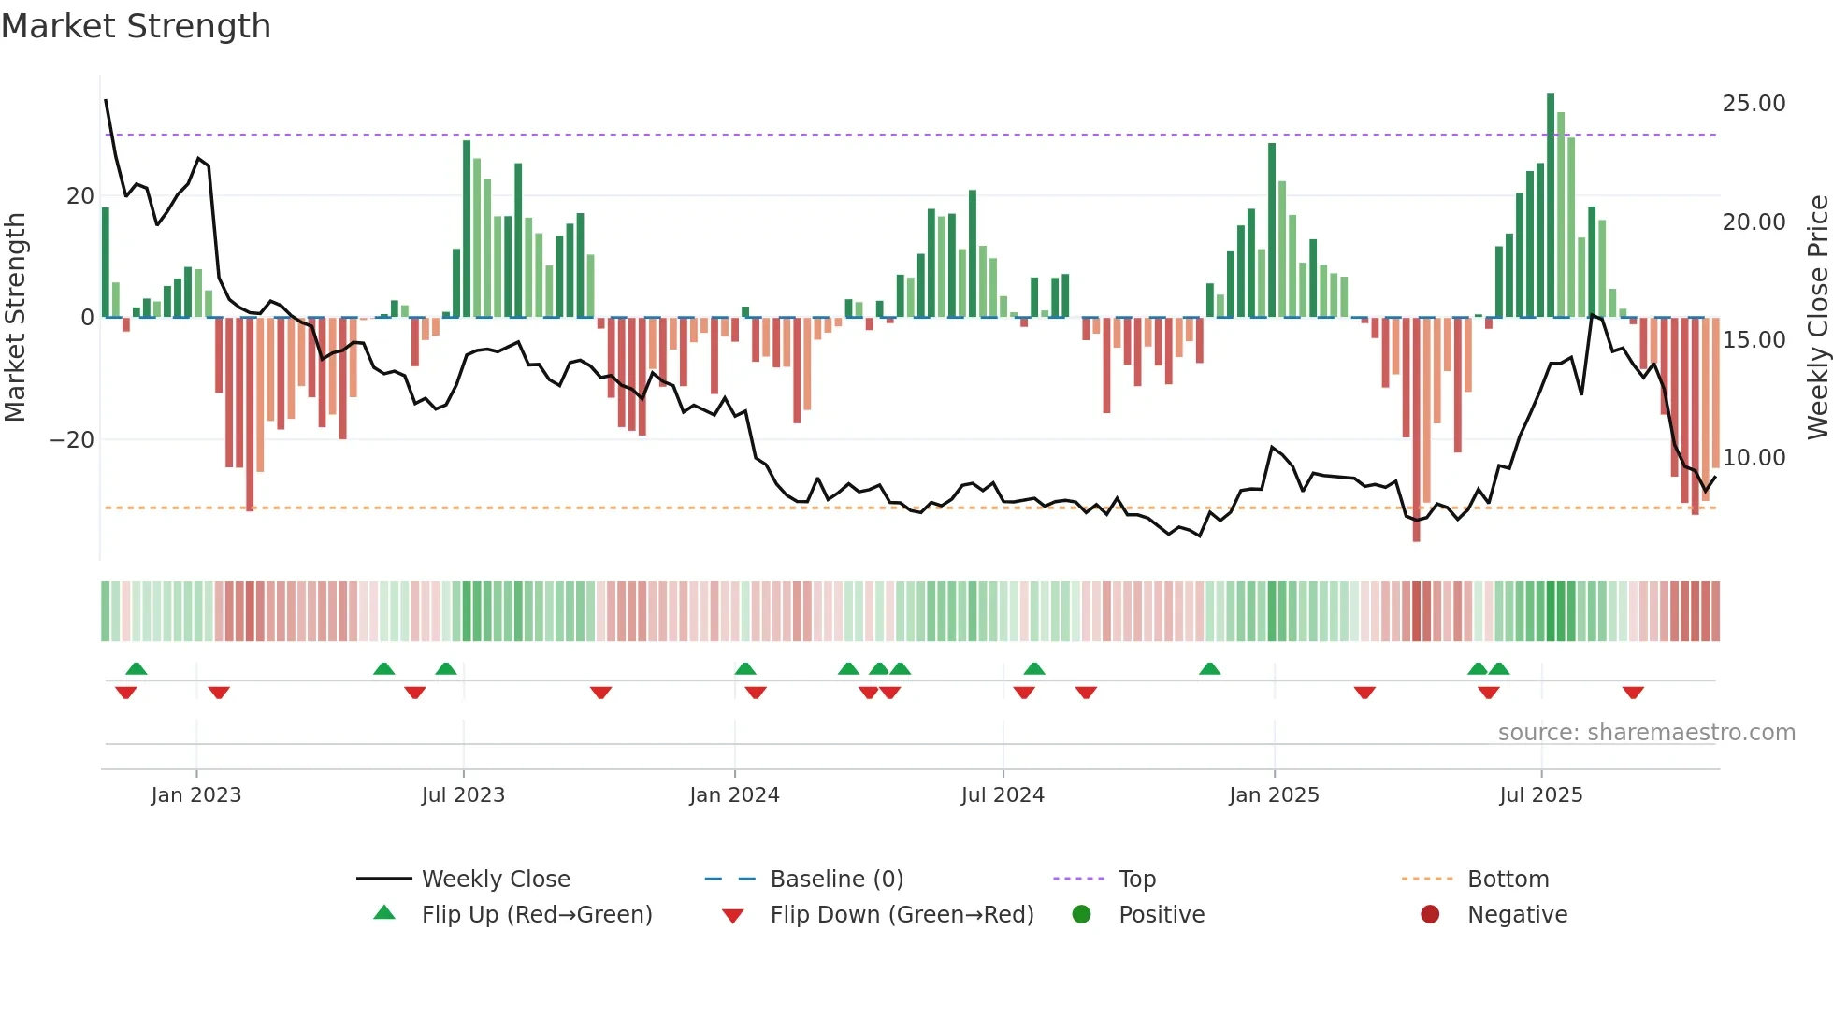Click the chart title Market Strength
[x=136, y=26]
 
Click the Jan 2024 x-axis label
[x=734, y=795]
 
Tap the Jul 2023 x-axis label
[x=463, y=795]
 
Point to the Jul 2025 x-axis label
[x=1540, y=795]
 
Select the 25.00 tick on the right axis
[x=1754, y=104]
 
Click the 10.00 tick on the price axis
[x=1754, y=458]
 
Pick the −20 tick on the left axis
[x=72, y=440]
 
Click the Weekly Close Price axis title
[x=1817, y=318]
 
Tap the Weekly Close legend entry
[x=496, y=880]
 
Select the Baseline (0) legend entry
[x=836, y=880]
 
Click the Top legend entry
[x=1136, y=880]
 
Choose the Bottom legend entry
[x=1508, y=880]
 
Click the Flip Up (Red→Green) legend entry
[x=536, y=915]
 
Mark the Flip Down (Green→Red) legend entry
[x=902, y=915]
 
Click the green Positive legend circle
[x=1082, y=915]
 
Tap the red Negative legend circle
[x=1430, y=915]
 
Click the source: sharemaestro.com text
[x=1646, y=733]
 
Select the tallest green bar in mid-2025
[x=1551, y=206]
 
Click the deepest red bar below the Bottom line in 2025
[x=1416, y=430]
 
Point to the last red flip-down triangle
[x=1633, y=693]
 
